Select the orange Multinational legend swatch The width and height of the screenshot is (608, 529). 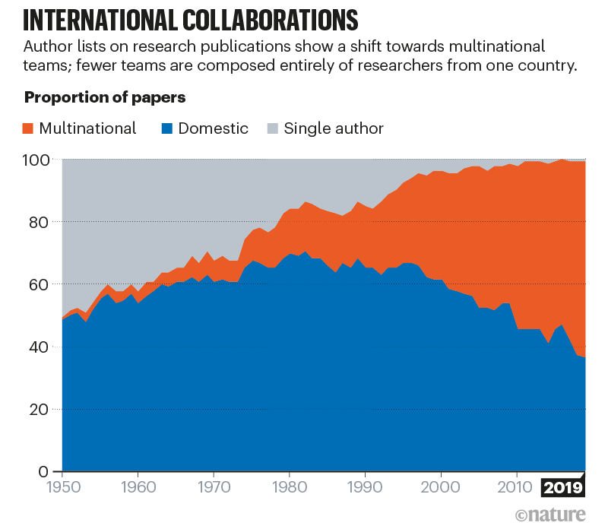coord(28,128)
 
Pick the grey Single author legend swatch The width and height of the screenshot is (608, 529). coord(271,128)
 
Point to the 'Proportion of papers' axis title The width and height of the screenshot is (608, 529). coord(105,98)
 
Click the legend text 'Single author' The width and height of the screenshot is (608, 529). coord(334,128)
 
